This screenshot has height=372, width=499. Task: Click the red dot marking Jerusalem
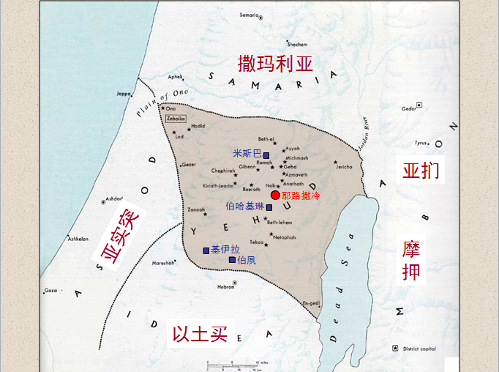[x=275, y=195]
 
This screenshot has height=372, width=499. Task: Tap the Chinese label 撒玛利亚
[x=276, y=63]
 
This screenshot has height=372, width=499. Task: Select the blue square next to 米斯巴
[x=266, y=156]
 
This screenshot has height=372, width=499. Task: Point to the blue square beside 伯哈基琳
[x=269, y=207]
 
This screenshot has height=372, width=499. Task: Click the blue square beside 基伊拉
[x=206, y=250]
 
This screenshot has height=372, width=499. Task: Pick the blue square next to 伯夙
[x=232, y=260]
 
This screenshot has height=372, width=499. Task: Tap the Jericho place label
[x=344, y=167]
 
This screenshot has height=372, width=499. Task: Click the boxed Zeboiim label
[x=176, y=118]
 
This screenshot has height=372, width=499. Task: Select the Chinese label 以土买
[x=200, y=335]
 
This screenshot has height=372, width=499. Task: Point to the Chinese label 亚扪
[x=421, y=171]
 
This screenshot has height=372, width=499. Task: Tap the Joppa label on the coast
[x=124, y=94]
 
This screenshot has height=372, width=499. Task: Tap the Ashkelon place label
[x=78, y=239]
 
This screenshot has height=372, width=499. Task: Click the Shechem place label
[x=297, y=44]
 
